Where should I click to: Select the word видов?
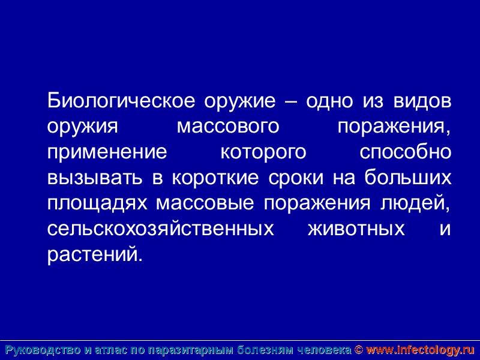coord(422,101)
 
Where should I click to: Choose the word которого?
coord(263,152)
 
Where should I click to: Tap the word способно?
coord(405,152)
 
